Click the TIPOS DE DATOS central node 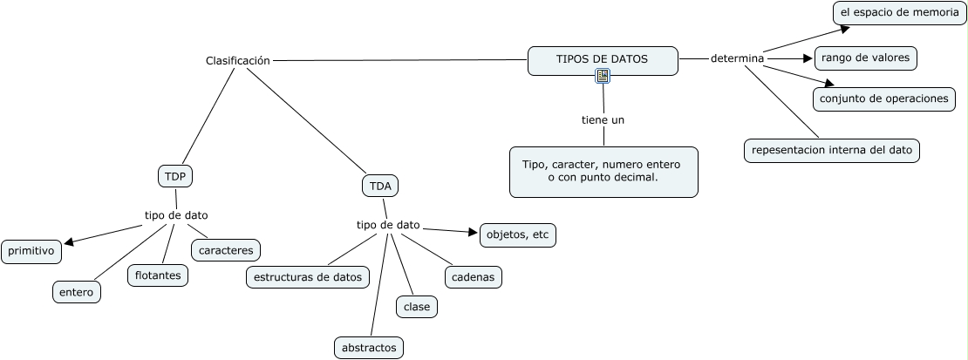tap(603, 58)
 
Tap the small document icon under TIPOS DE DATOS tap(603, 77)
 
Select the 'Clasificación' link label tap(237, 60)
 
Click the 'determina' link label tap(737, 58)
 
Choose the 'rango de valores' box tap(865, 58)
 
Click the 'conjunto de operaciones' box tap(883, 98)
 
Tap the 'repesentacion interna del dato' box tap(832, 150)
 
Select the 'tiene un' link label tap(603, 119)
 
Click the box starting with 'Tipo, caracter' tap(603, 171)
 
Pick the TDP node tap(174, 175)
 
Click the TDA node tap(380, 186)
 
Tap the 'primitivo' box tap(31, 252)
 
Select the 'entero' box tap(76, 292)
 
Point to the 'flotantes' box tap(158, 275)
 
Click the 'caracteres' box tap(226, 250)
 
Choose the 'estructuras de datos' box tap(307, 277)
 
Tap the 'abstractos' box tap(369, 347)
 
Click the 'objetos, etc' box tap(517, 234)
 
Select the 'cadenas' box tap(474, 277)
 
